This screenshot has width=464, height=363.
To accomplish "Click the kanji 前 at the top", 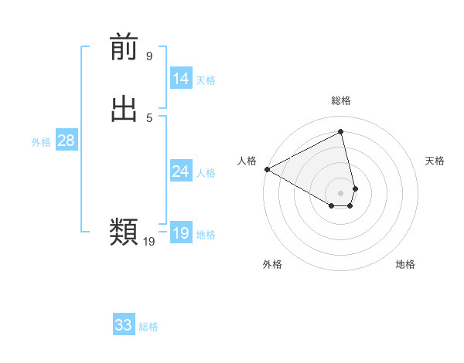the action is (x=124, y=49).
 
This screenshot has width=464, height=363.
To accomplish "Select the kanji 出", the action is (x=124, y=109).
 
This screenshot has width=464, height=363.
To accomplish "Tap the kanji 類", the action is (x=124, y=231).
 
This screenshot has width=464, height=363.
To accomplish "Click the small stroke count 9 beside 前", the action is (x=149, y=56).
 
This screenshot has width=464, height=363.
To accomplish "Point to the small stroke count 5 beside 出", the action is (x=149, y=117).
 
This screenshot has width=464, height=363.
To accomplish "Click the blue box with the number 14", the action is (x=181, y=79).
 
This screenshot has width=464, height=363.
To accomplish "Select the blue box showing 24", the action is (x=181, y=171).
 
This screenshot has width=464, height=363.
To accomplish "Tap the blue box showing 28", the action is (x=66, y=141).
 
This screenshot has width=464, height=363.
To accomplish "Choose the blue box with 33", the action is (x=124, y=325).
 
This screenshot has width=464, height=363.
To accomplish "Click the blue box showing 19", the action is (x=181, y=233).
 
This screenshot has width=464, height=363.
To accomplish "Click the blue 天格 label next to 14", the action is (x=206, y=80).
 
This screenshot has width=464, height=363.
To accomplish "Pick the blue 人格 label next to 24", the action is (x=206, y=173).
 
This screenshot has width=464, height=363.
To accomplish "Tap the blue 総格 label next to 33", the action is (x=148, y=327).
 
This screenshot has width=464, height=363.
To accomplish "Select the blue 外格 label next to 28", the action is (x=41, y=142).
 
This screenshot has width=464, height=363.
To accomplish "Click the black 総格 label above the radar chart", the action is (x=341, y=100).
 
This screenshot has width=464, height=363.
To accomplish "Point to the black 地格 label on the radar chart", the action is (x=405, y=264).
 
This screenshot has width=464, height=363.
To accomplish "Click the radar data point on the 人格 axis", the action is (x=267, y=169).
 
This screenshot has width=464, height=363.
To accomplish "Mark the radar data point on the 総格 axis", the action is (x=341, y=131).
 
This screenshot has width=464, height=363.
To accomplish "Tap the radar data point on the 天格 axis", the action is (x=355, y=188).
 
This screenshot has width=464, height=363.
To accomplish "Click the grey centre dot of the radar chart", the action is (x=341, y=192).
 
